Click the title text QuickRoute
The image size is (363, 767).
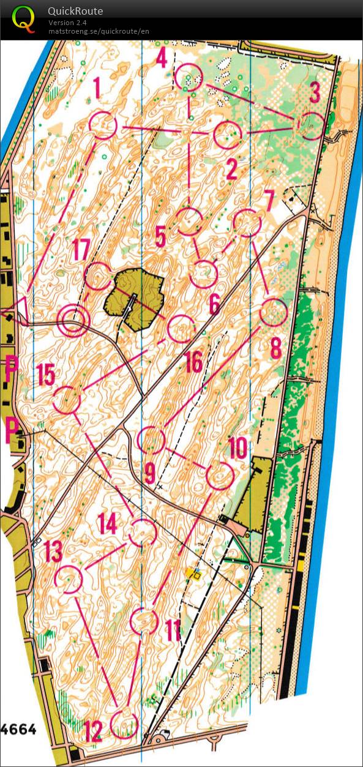pos(75,11)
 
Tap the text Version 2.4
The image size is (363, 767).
pos(68,23)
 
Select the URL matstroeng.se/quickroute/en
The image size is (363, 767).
pos(99,31)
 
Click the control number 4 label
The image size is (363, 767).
pos(162,58)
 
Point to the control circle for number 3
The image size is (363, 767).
pos(312,125)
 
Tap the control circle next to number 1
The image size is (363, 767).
pos(103,125)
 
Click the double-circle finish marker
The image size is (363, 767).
pos(73,321)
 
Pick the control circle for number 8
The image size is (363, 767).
pos(274,313)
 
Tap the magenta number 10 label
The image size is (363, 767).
pos(237,449)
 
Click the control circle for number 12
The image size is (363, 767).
pos(125,724)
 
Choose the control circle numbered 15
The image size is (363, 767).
pos(67,401)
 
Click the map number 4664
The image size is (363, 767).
pos(18,730)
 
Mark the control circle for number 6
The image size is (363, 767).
pos(203,274)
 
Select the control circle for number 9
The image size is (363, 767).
pos(151,440)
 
